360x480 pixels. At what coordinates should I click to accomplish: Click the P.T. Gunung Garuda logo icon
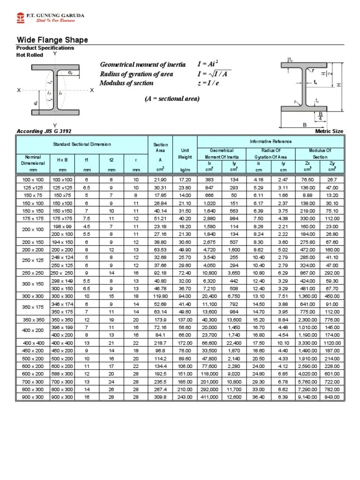click(20, 18)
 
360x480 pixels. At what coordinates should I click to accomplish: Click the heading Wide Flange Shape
click(52, 40)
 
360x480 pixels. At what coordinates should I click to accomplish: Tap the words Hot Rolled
click(30, 55)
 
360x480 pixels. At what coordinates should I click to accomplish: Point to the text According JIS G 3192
click(44, 131)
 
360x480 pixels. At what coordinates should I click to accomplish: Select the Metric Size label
click(330, 131)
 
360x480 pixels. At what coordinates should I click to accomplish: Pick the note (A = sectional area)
click(172, 98)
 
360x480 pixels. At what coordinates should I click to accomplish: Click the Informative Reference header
click(270, 141)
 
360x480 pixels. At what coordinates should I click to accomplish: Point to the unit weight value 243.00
click(185, 397)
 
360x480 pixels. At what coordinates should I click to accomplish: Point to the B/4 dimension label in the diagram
click(321, 116)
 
